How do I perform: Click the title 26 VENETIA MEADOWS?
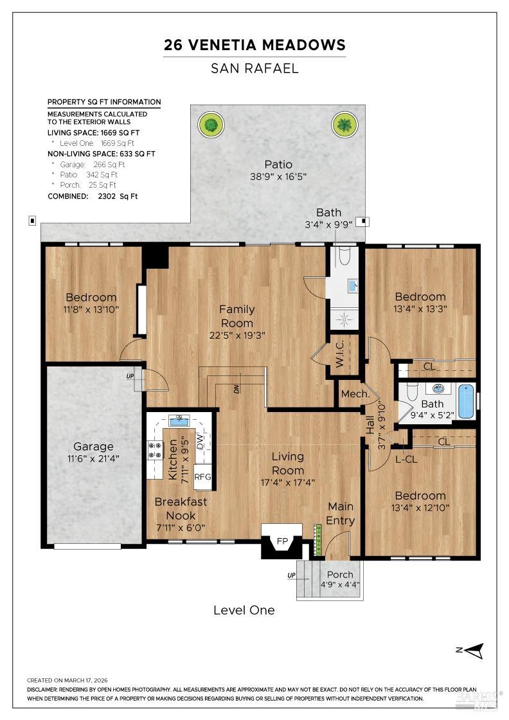(x=254, y=45)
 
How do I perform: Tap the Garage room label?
(x=93, y=446)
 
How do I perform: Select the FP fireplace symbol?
(x=282, y=541)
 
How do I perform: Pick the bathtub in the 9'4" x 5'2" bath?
(x=465, y=402)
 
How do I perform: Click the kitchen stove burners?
(x=155, y=449)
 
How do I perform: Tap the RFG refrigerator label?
(x=203, y=477)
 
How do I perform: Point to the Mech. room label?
(x=353, y=394)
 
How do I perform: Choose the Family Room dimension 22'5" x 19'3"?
(x=237, y=335)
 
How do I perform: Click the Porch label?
(x=340, y=575)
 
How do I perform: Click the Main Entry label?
(x=340, y=513)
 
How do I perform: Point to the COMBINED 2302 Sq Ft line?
(x=93, y=196)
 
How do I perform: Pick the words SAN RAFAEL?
(x=254, y=68)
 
